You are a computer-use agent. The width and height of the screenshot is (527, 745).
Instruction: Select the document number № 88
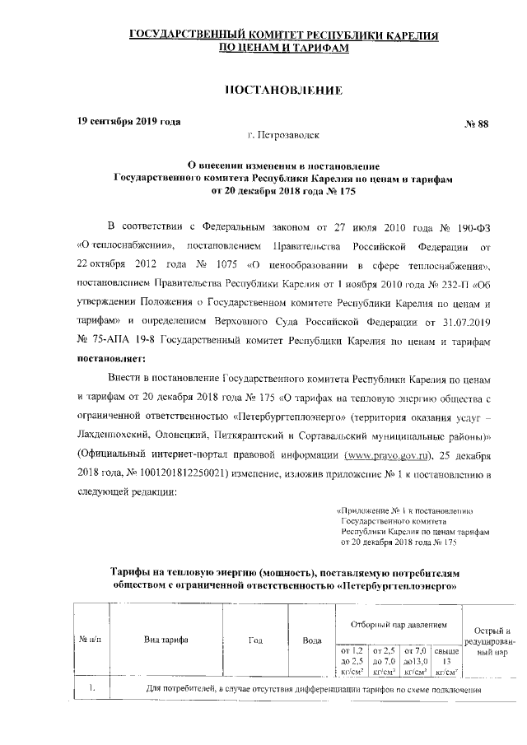[x=477, y=124]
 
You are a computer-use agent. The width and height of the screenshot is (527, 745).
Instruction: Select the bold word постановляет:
[x=110, y=358]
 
